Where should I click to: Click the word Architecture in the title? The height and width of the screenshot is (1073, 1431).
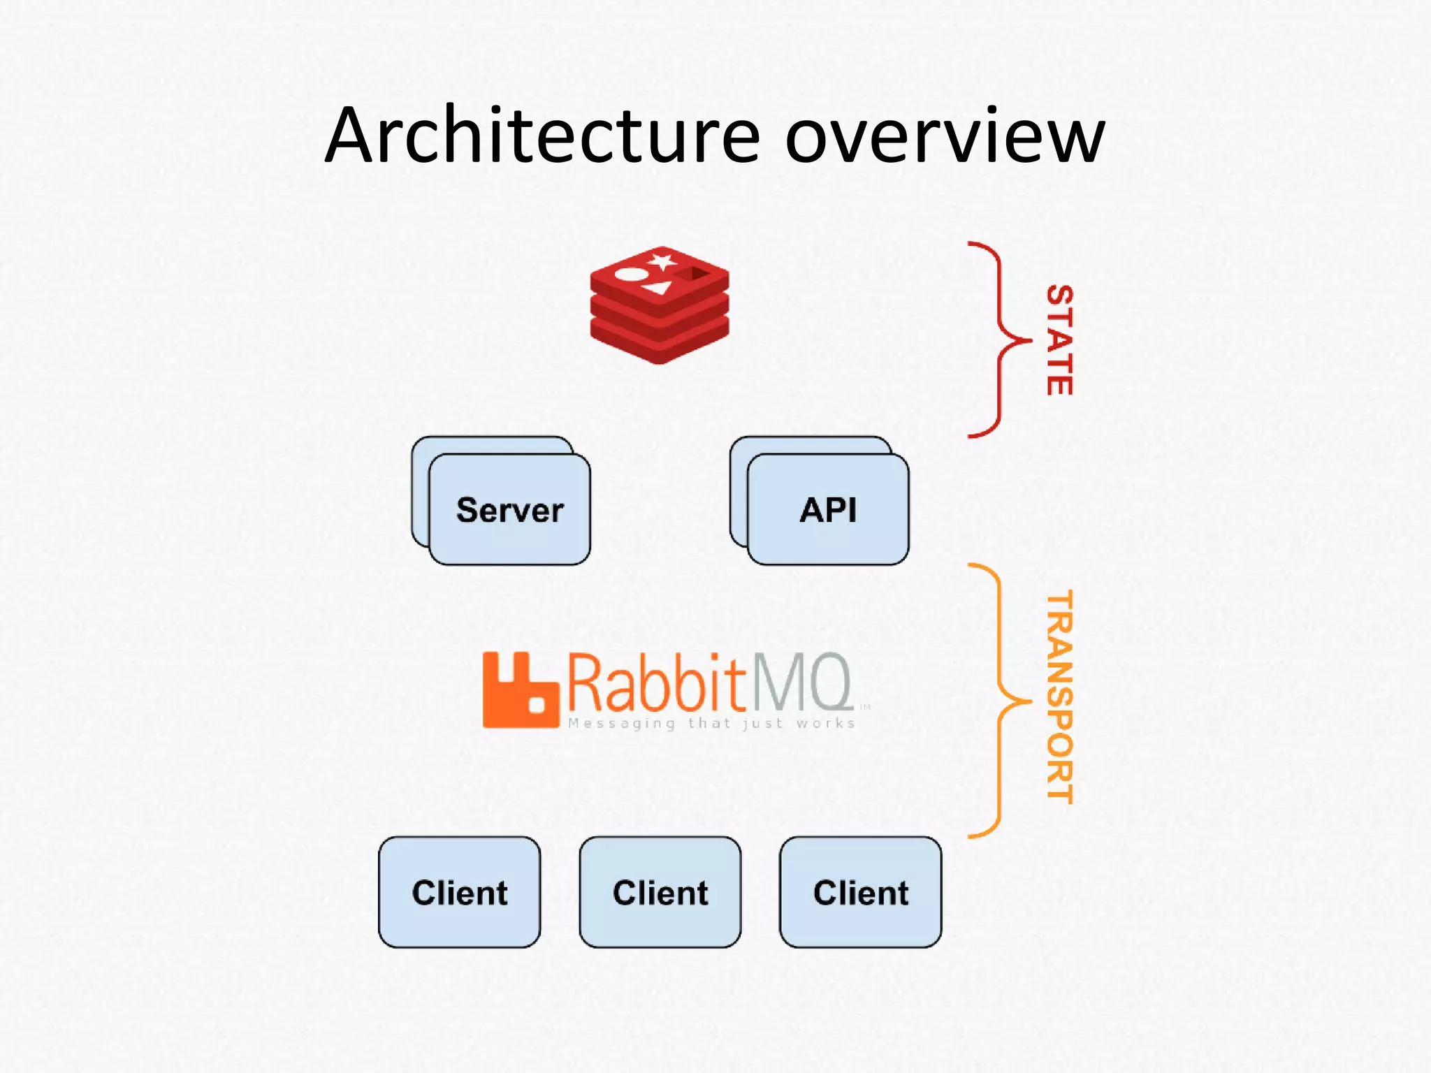542,136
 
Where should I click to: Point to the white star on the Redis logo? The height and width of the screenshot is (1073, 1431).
661,263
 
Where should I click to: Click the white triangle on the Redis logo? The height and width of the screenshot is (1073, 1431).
658,287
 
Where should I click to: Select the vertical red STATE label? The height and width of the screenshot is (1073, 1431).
1059,340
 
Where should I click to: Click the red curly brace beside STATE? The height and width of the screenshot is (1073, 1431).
999,340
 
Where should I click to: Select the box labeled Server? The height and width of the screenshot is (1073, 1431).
509,509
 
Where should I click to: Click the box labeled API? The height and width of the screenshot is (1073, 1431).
828,509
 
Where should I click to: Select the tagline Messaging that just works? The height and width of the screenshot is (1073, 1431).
711,724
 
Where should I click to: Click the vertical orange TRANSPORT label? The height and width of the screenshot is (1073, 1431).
1059,696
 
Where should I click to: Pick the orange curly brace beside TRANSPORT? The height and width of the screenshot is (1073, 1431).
999,700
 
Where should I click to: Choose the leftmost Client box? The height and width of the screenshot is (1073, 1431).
459,892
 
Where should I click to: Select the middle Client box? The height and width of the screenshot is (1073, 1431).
660,892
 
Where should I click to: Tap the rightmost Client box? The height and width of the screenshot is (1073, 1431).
860,892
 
